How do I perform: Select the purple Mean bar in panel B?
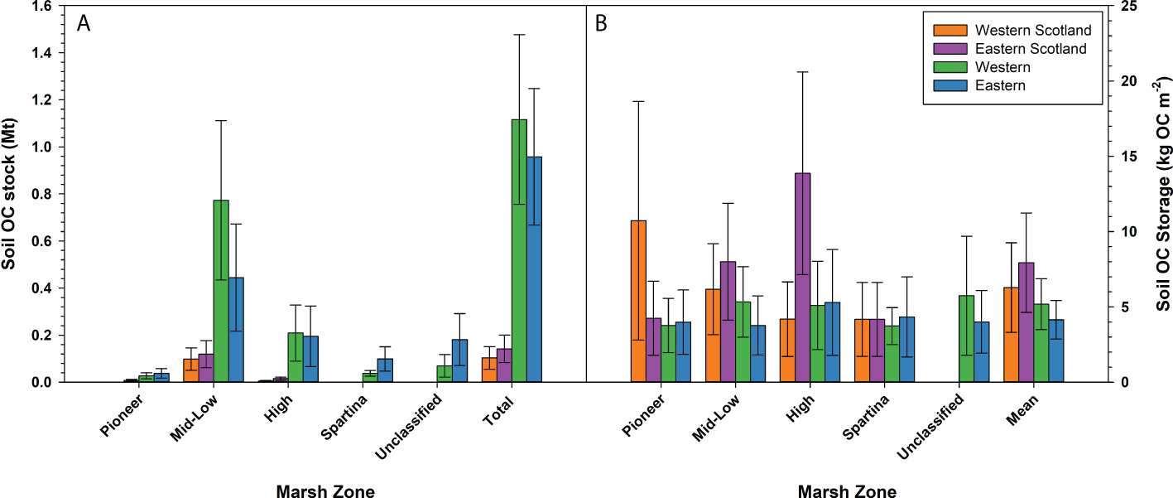click(x=1026, y=322)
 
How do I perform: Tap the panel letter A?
click(x=84, y=24)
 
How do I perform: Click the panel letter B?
click(x=601, y=24)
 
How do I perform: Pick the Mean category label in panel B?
click(x=1023, y=408)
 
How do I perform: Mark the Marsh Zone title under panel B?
click(x=847, y=492)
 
